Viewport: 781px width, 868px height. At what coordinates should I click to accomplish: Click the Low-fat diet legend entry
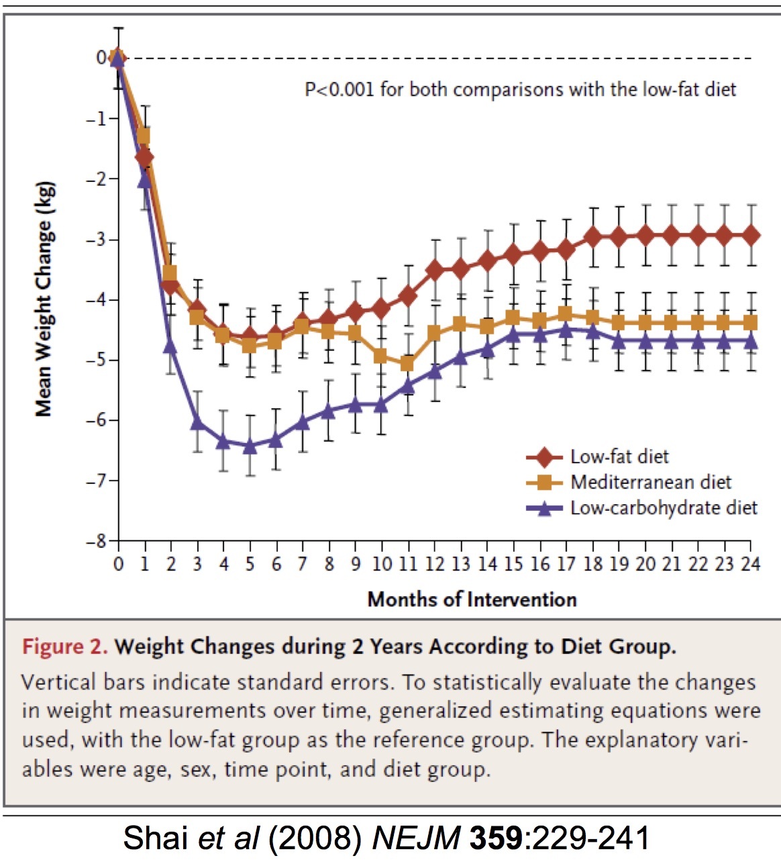(x=619, y=457)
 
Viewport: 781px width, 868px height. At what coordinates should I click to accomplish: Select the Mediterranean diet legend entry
(x=650, y=482)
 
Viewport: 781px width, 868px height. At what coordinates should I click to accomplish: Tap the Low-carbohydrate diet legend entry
(x=663, y=508)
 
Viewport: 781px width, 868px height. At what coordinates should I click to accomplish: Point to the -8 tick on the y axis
(x=101, y=541)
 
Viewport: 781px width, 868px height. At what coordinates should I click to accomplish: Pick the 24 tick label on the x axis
(x=750, y=564)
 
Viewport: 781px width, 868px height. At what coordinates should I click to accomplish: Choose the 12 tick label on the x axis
(x=434, y=564)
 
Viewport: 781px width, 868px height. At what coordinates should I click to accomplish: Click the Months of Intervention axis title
(x=472, y=599)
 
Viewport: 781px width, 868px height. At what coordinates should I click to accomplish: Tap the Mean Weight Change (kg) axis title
(x=44, y=299)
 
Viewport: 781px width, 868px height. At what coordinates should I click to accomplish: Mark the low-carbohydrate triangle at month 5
(x=250, y=446)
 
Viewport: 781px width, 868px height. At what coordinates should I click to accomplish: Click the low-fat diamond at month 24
(x=751, y=236)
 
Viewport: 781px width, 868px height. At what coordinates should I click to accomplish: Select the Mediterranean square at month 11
(x=408, y=364)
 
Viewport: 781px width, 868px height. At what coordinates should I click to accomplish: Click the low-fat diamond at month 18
(x=592, y=236)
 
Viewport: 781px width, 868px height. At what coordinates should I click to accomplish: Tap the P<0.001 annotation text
(x=520, y=89)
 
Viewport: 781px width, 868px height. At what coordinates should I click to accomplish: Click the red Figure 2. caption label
(x=64, y=646)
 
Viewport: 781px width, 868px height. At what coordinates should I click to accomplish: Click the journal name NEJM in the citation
(x=415, y=838)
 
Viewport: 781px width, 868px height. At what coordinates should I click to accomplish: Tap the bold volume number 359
(x=496, y=838)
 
